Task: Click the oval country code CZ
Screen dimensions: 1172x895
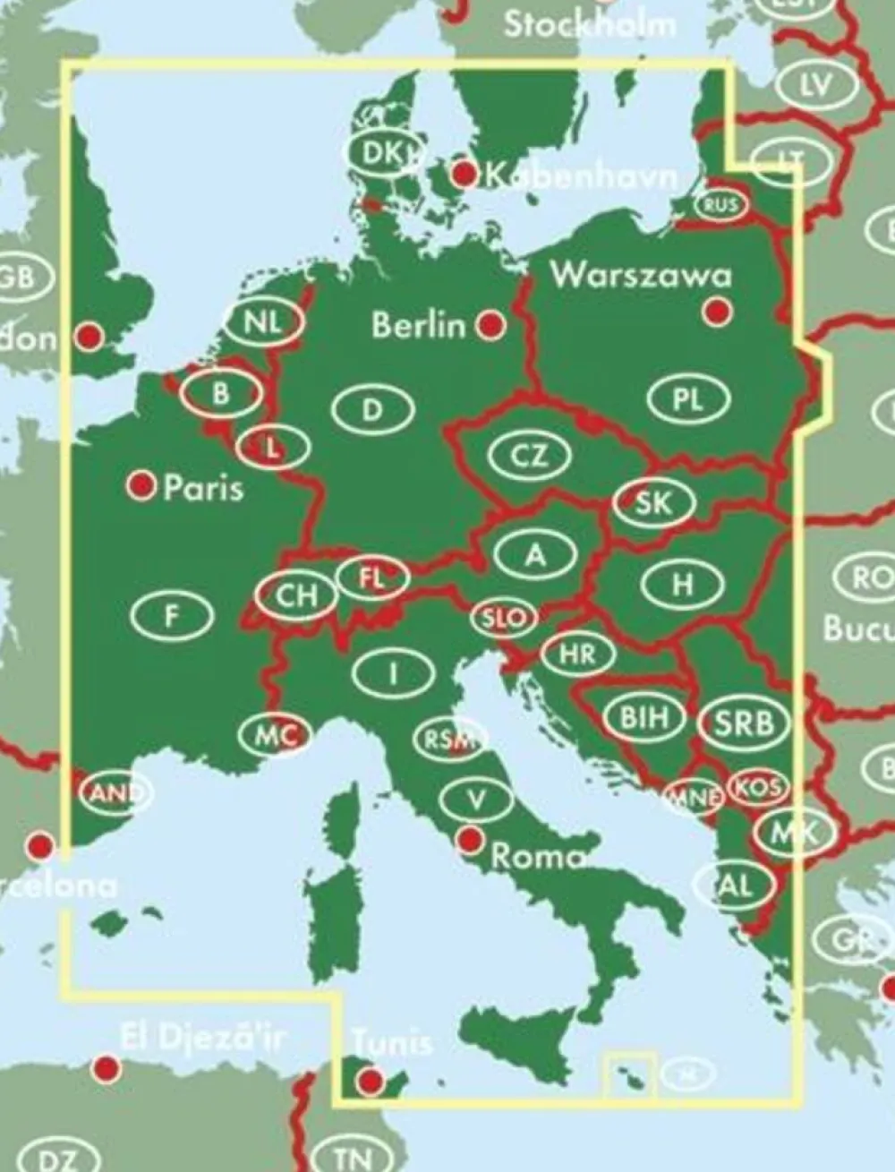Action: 530,456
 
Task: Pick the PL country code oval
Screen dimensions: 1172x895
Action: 688,399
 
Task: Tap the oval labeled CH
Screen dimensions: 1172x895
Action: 296,595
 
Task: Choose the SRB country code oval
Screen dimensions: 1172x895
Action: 744,721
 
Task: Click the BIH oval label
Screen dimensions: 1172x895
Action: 644,717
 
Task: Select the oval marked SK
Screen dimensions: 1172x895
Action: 653,502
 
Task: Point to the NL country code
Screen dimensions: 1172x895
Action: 263,321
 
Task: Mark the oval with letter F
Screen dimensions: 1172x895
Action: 173,614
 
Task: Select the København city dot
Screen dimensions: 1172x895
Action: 465,174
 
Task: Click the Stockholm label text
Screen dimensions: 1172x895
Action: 590,23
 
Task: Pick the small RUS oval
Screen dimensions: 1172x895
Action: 721,206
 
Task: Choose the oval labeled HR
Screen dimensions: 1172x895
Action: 577,654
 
